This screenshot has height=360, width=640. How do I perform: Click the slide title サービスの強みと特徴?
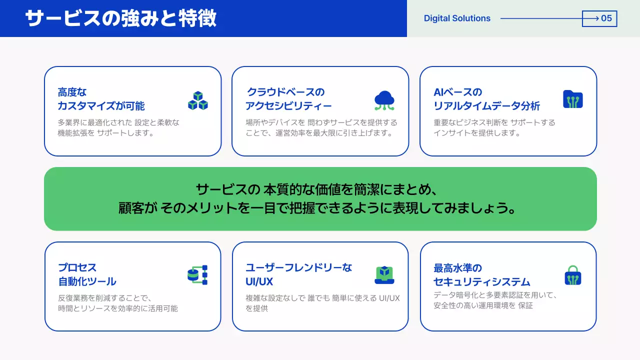(120, 18)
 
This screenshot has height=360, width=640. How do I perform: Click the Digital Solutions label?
(457, 18)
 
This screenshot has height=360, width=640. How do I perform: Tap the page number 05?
(606, 18)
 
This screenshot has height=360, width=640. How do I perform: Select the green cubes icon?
(198, 100)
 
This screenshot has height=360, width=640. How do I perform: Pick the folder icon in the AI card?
(573, 99)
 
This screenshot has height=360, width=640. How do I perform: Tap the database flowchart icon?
(197, 275)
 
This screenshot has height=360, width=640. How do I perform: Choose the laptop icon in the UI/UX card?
(384, 275)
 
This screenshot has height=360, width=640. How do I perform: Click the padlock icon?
(573, 275)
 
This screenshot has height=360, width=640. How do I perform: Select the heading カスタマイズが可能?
(101, 106)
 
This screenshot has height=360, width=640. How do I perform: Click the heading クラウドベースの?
(286, 92)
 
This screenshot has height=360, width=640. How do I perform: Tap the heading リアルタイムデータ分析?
(486, 106)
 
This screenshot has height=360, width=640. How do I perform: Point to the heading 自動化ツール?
(87, 281)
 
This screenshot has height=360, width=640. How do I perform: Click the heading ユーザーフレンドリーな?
(299, 267)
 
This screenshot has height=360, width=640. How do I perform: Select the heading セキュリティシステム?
(482, 281)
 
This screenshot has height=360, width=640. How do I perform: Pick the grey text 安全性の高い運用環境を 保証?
(483, 305)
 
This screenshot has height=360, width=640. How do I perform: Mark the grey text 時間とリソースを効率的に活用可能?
(118, 308)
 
